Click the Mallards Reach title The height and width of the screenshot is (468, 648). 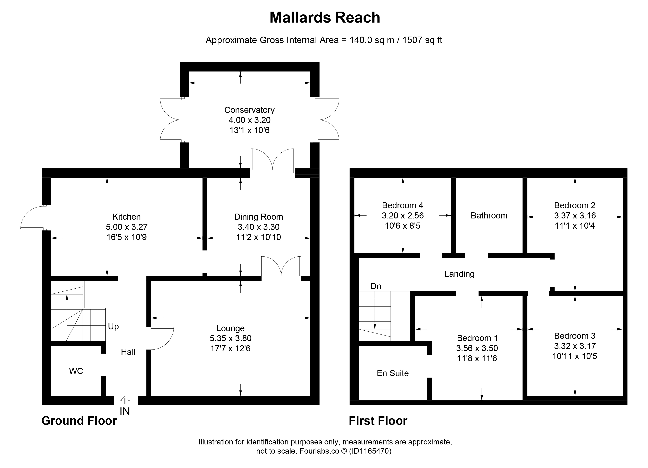(x=325, y=17)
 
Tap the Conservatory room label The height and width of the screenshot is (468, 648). (x=250, y=110)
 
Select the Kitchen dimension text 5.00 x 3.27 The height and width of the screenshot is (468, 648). (x=127, y=227)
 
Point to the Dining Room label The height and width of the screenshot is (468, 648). (x=259, y=217)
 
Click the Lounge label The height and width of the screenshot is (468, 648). (x=231, y=328)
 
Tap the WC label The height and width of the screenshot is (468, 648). (x=76, y=371)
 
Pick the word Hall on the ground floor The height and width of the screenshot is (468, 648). (x=128, y=352)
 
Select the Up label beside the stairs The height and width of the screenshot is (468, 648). (x=113, y=327)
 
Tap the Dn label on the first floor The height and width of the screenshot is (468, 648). (x=376, y=286)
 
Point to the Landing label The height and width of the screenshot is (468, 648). (x=459, y=274)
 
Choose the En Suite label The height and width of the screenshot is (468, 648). (x=393, y=373)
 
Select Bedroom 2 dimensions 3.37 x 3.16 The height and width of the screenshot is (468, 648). (x=575, y=215)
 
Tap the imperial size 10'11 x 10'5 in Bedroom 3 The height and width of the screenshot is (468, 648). (x=575, y=356)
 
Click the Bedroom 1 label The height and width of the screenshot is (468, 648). (x=477, y=338)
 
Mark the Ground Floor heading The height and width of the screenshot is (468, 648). (x=79, y=421)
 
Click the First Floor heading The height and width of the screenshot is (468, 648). (x=378, y=421)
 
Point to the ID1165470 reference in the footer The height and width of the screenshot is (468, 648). (x=370, y=451)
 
